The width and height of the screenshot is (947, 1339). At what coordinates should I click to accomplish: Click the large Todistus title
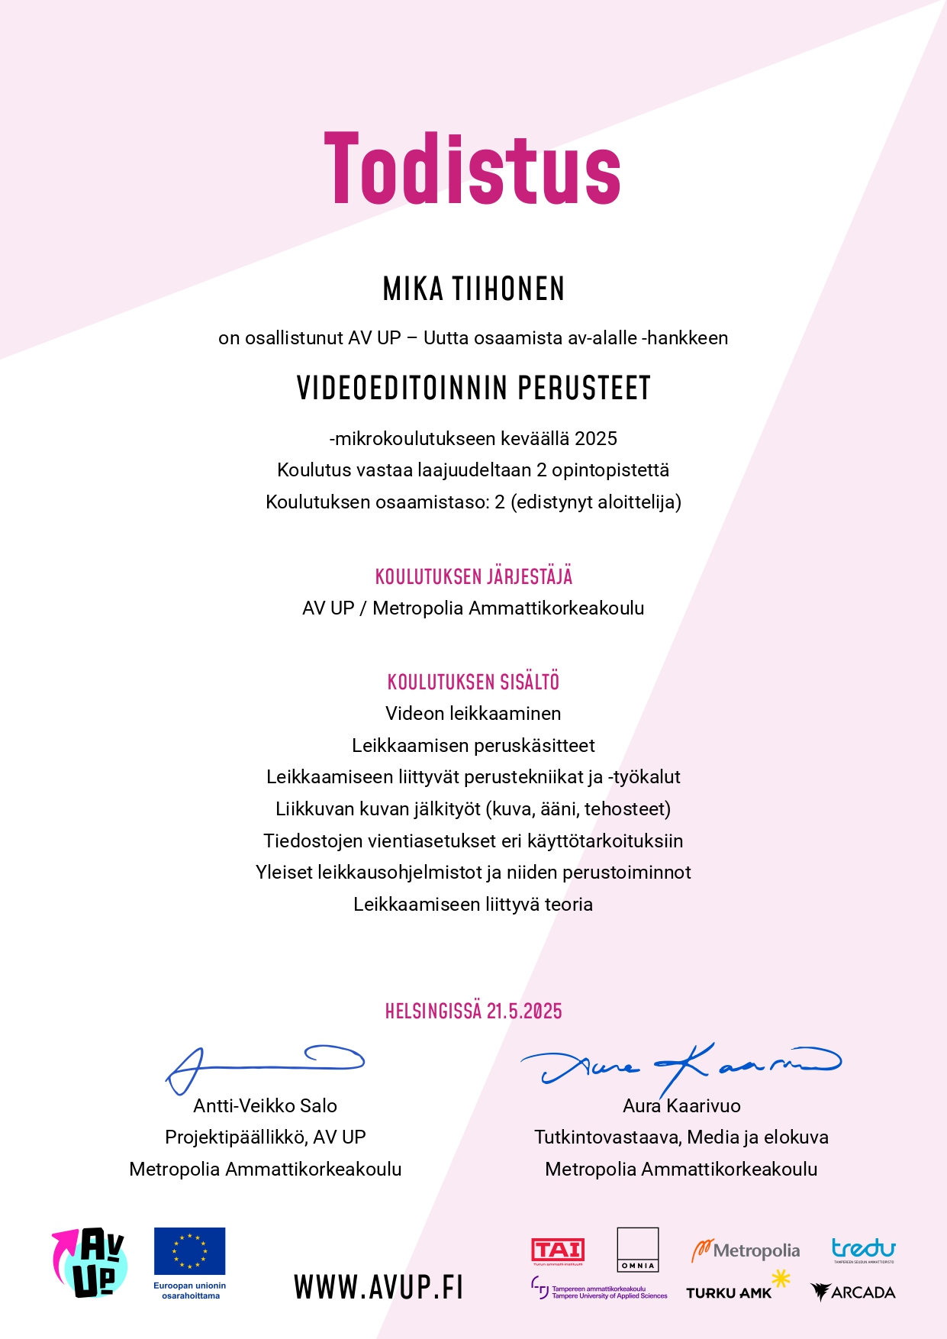[x=472, y=169]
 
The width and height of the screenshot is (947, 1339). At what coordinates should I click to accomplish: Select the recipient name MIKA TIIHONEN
[x=473, y=289]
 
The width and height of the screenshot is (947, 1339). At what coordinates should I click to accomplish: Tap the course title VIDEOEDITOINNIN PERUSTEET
[x=473, y=388]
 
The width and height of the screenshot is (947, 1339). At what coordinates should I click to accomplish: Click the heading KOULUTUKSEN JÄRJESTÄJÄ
[x=473, y=576]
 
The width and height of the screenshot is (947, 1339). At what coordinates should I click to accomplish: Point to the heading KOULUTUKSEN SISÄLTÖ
[x=473, y=682]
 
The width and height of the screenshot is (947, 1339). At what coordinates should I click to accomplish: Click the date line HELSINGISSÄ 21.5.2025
[x=473, y=1011]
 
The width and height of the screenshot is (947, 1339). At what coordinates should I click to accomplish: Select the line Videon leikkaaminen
[x=473, y=714]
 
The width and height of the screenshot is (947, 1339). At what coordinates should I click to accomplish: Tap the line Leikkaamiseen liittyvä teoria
[x=473, y=905]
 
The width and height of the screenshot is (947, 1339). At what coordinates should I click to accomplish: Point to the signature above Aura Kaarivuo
[x=679, y=1065]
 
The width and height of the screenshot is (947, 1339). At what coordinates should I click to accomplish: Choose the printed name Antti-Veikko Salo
[x=265, y=1105]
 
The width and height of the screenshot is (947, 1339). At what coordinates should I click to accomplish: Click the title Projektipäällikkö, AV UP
[x=265, y=1137]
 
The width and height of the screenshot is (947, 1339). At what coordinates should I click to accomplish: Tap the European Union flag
[x=189, y=1251]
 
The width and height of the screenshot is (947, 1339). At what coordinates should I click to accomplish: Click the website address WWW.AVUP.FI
[x=378, y=1287]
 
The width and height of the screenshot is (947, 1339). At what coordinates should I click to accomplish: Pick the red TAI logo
[x=558, y=1250]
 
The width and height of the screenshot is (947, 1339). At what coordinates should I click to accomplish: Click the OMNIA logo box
[x=637, y=1250]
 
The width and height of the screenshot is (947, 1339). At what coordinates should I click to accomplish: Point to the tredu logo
[x=863, y=1250]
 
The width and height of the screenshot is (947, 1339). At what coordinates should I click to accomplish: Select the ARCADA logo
[x=853, y=1292]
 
